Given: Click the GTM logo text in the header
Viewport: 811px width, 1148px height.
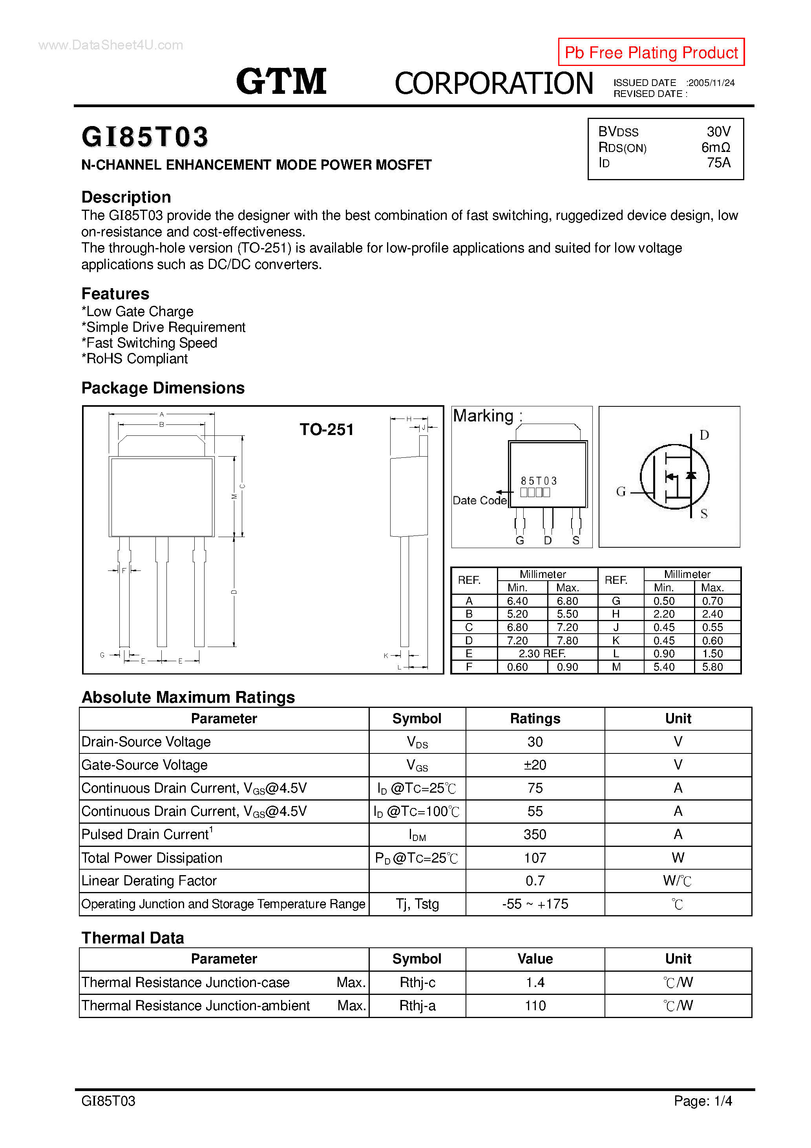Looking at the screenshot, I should [x=281, y=82].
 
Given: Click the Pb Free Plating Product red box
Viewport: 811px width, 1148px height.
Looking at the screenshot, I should [x=650, y=52].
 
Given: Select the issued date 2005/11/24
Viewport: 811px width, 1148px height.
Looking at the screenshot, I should [x=711, y=83].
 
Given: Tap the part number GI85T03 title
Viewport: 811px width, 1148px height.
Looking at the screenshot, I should [x=145, y=137].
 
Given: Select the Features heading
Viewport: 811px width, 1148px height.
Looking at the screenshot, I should [x=115, y=294].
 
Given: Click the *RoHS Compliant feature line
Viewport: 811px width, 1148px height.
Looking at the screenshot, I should [x=135, y=358].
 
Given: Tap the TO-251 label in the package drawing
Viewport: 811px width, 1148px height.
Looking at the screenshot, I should [x=327, y=430].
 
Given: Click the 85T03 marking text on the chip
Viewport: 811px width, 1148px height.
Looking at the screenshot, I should [x=539, y=481].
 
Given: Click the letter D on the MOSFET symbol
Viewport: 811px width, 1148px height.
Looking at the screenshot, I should [x=704, y=435].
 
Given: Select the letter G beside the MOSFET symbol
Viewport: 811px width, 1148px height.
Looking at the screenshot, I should [x=621, y=492].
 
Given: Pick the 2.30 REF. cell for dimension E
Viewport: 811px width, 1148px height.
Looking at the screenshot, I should [x=542, y=653].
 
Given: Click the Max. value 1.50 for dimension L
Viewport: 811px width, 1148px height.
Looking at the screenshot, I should [x=712, y=653].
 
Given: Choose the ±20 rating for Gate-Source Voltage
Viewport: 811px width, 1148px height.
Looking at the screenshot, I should [x=535, y=765].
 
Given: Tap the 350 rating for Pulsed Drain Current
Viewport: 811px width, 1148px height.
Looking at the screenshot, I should [x=535, y=835].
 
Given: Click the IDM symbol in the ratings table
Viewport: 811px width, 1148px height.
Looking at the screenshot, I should [x=417, y=835].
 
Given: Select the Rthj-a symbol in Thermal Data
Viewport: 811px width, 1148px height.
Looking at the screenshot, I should [x=417, y=1005].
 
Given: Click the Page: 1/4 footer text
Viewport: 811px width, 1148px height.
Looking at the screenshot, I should [x=703, y=1101].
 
